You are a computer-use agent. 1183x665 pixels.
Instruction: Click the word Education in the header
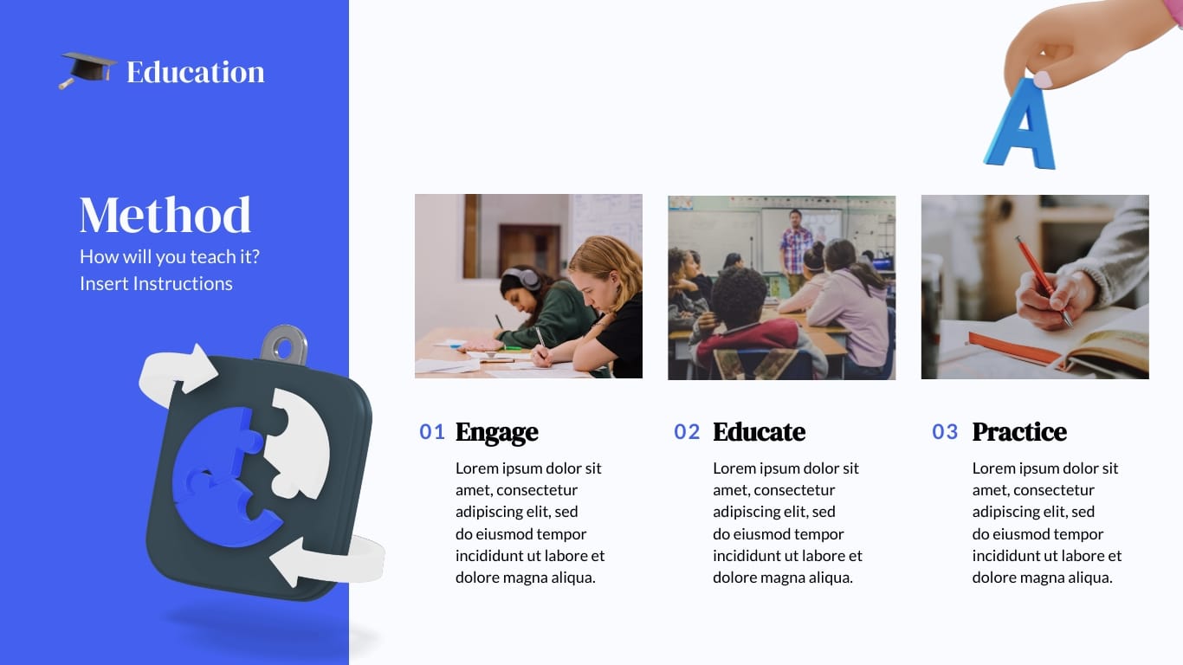point(195,72)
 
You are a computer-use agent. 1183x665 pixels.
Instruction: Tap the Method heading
point(165,215)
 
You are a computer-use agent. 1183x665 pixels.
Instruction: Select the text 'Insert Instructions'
point(156,283)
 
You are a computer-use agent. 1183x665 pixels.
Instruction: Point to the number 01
point(432,431)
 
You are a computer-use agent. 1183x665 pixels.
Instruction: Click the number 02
point(687,431)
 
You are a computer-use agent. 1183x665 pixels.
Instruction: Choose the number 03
point(945,431)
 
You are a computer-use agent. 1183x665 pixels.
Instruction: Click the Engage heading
point(497,431)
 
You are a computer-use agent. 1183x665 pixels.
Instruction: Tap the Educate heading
point(760,431)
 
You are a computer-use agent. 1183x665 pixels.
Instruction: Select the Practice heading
point(1019,431)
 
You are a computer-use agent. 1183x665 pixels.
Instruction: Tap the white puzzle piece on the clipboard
point(299,442)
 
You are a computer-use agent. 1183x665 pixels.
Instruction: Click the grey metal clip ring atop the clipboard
point(283,345)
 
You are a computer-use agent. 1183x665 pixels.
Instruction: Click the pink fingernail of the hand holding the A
point(1043,80)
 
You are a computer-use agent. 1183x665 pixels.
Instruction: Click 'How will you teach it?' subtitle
point(170,257)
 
